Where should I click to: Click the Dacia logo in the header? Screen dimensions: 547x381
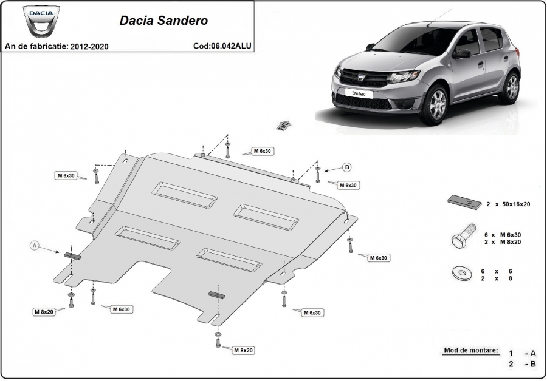coord(41,21)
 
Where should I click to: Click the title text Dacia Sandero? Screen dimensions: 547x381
coord(163,21)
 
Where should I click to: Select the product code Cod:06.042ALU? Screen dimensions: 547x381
coord(222,46)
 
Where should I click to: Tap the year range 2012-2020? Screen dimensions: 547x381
coord(89,46)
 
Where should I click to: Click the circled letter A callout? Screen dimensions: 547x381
coord(35,246)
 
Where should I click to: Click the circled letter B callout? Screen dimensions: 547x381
coord(347,167)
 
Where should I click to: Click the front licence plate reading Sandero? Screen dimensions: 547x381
coord(359,93)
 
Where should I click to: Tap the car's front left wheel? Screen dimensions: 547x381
coord(435,104)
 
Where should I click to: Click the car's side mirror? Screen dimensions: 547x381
coord(462,53)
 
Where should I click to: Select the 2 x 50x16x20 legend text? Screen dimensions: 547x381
coord(508,204)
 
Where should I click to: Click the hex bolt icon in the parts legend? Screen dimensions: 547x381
coord(463,236)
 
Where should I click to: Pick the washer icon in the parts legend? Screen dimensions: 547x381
coord(463,274)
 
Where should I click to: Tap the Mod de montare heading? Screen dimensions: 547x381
coord(471,350)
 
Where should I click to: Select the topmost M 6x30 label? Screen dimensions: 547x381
coord(262,151)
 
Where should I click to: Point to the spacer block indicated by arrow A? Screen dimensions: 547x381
coord(72,256)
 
